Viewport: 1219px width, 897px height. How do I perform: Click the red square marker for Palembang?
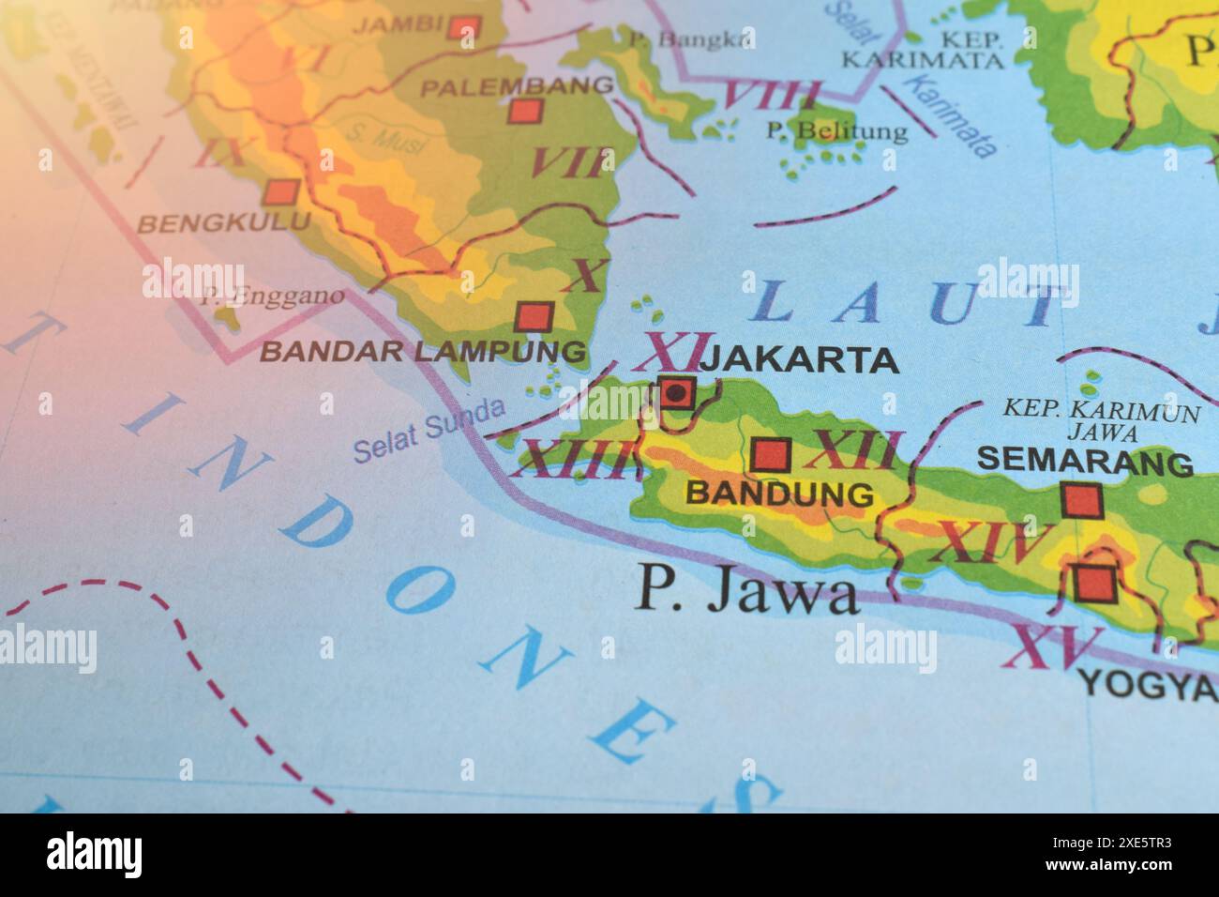coord(525,112)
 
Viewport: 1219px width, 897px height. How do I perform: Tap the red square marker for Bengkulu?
coord(279,193)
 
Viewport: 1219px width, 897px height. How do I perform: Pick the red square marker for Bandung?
coord(772,455)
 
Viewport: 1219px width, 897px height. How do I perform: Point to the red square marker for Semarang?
coord(1079,499)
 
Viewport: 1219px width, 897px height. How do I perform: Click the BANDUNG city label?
coord(780,494)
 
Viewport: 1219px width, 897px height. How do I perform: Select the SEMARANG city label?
coord(1085,462)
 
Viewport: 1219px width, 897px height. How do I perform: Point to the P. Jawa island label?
coord(746,591)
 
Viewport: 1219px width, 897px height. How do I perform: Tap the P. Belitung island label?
coord(836,130)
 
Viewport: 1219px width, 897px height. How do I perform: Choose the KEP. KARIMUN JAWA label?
coord(1101,421)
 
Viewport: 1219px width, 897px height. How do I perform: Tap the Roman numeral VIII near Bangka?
coord(772,95)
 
